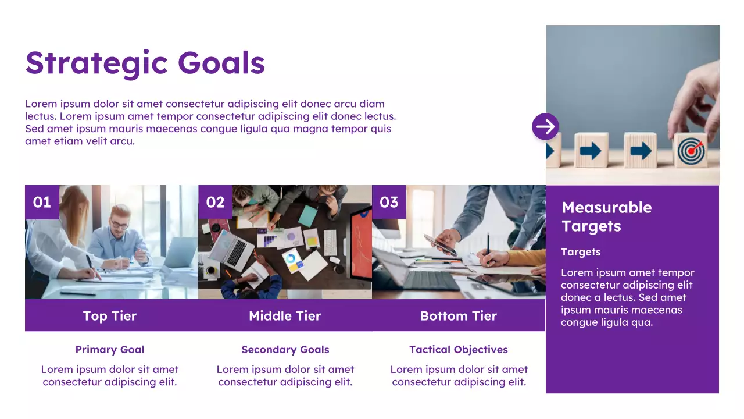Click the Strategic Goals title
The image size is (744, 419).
tap(145, 63)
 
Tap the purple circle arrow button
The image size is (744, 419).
tap(545, 126)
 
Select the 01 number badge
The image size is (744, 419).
tap(42, 202)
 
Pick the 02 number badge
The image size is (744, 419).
tap(215, 202)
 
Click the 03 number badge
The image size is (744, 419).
tap(389, 202)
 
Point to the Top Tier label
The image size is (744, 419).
tap(110, 316)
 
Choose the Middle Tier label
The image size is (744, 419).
tap(285, 316)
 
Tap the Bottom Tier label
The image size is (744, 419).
tap(459, 316)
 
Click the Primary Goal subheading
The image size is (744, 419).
tap(110, 350)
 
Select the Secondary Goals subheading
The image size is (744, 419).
tap(285, 350)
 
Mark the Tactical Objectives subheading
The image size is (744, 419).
tap(459, 350)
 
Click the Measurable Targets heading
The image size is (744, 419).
tap(606, 216)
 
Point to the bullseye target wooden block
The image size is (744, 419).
tap(691, 151)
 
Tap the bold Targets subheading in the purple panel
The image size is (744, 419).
tap(581, 252)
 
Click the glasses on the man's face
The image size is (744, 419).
tap(120, 225)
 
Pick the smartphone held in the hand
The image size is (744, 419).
tap(439, 244)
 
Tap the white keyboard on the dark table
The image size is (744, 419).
tap(330, 242)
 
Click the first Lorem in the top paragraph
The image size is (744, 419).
tap(41, 104)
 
